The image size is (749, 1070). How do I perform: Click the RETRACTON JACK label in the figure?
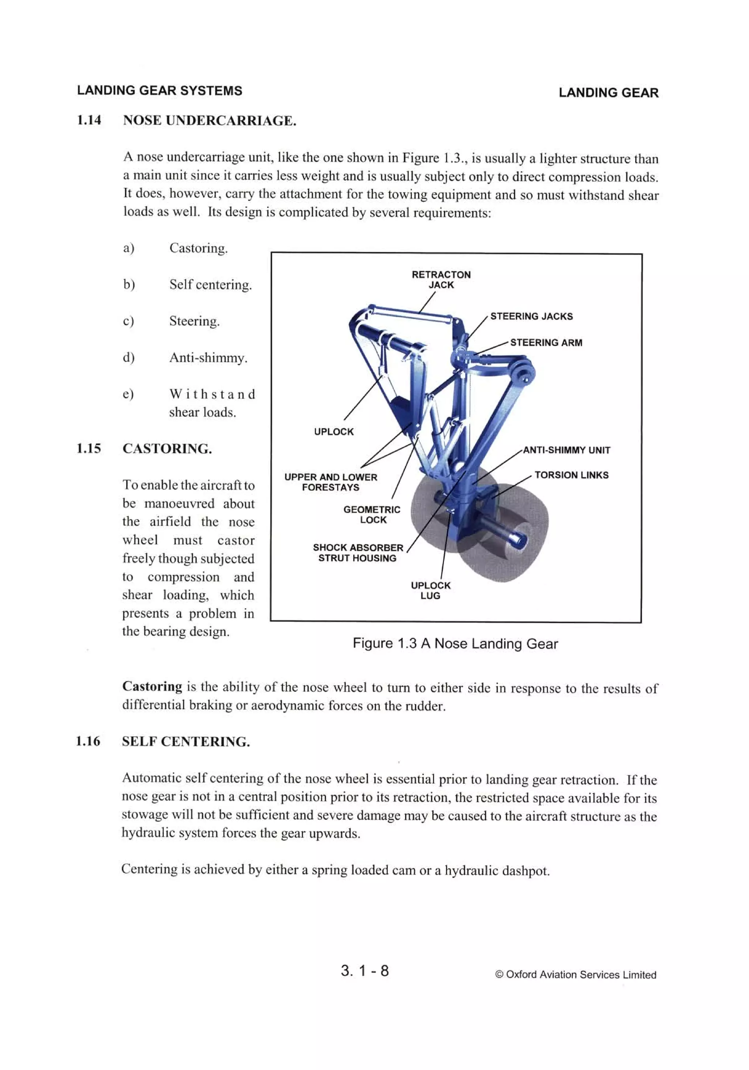[441, 280]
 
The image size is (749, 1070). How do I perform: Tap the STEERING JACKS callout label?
[531, 317]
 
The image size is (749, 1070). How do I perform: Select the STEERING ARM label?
[546, 343]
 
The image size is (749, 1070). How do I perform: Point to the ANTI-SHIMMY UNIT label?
[566, 450]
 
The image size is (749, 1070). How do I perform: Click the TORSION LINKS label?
[571, 475]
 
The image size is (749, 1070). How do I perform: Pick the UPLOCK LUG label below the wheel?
[430, 590]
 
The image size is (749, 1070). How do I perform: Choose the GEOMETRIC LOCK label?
[372, 514]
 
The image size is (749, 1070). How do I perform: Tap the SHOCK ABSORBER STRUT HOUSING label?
[358, 553]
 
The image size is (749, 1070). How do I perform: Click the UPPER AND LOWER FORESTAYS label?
[330, 482]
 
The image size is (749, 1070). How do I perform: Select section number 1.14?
[89, 120]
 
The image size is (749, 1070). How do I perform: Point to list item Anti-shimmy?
[208, 358]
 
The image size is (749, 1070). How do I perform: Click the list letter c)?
[128, 321]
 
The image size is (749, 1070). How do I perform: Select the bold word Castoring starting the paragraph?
[152, 687]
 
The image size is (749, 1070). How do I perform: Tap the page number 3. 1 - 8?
[364, 970]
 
